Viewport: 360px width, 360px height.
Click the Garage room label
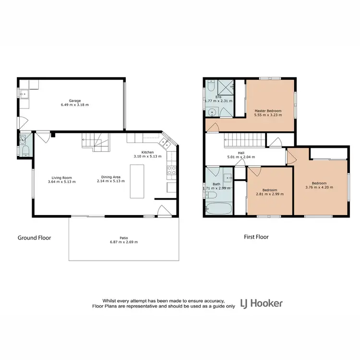(x=74, y=101)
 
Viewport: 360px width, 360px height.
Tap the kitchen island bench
(x=137, y=181)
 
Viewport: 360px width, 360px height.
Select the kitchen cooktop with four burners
(x=170, y=168)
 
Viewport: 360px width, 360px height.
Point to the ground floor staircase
(x=96, y=141)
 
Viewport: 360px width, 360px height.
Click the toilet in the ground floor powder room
(x=25, y=151)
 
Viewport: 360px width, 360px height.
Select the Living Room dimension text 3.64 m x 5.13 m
(x=60, y=181)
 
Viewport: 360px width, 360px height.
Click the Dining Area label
(x=110, y=176)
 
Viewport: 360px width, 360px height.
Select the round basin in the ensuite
(x=212, y=112)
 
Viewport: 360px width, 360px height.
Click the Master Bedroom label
(x=268, y=111)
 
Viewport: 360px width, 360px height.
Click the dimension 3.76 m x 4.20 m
(x=319, y=188)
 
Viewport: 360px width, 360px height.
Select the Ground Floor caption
(x=34, y=238)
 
